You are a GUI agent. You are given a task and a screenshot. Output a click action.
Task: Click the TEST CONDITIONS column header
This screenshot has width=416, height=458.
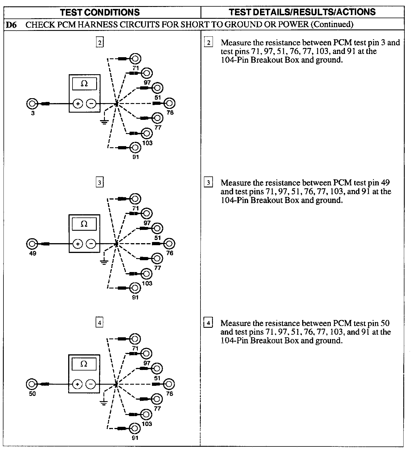tap(100, 12)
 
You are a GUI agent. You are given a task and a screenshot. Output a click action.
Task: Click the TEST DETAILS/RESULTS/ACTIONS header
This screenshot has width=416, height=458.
tap(302, 12)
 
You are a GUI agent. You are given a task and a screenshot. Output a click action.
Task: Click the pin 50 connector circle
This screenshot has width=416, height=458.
tap(32, 384)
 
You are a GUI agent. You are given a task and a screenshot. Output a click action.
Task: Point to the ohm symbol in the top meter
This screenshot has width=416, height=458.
tap(84, 84)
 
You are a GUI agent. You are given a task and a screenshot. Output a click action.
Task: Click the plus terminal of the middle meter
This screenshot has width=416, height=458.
tap(77, 244)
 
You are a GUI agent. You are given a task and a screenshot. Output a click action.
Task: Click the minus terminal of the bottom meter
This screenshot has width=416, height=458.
tap(91, 384)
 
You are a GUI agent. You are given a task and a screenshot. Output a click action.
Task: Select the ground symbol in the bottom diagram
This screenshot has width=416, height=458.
tap(104, 402)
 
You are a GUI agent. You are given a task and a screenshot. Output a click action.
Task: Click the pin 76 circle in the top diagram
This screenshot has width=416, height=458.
tap(169, 103)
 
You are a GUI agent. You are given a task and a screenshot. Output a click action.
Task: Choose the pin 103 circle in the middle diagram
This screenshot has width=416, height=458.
tap(147, 273)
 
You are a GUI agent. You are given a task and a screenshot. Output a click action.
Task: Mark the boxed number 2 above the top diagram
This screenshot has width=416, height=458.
tap(100, 43)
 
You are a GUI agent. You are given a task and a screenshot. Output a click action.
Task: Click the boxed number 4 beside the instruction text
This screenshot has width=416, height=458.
tap(208, 323)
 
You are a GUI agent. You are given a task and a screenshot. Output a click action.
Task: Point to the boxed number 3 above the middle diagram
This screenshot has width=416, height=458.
tap(100, 183)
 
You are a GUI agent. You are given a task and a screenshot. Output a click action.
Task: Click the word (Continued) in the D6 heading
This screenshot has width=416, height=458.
tap(332, 25)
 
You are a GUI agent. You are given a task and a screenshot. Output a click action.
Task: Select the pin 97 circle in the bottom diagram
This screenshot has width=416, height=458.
tap(146, 353)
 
